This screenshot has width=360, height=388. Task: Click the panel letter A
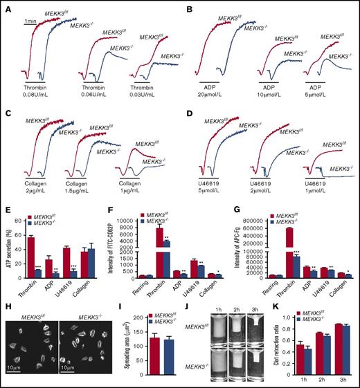(6, 6)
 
